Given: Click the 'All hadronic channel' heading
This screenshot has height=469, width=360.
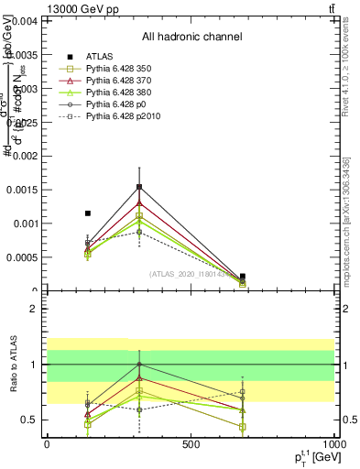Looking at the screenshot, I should [x=191, y=37].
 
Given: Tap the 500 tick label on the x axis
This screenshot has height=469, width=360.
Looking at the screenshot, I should [x=191, y=444].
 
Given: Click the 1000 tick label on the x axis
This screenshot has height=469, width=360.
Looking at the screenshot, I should [x=333, y=444].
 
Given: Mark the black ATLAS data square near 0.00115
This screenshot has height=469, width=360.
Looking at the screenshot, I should [x=88, y=213].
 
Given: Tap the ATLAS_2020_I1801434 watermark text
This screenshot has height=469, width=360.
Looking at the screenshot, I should [x=190, y=273].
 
